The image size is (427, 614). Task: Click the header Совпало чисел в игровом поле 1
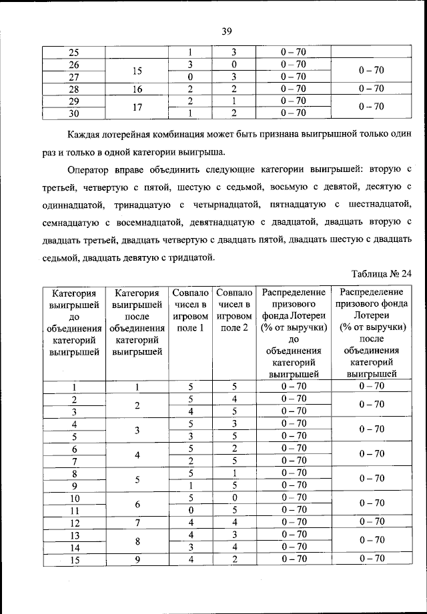(190, 310)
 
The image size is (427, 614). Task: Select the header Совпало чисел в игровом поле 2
(234, 310)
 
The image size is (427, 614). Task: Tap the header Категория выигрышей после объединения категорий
(137, 322)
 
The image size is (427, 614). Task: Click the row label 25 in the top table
(74, 53)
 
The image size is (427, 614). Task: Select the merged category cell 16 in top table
(137, 89)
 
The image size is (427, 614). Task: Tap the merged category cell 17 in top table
(137, 107)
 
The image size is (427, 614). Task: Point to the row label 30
(74, 113)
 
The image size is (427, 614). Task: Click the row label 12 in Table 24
(74, 522)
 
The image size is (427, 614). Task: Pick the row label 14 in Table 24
(74, 547)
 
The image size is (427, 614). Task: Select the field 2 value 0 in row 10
(234, 497)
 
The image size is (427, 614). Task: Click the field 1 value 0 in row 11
(190, 510)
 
